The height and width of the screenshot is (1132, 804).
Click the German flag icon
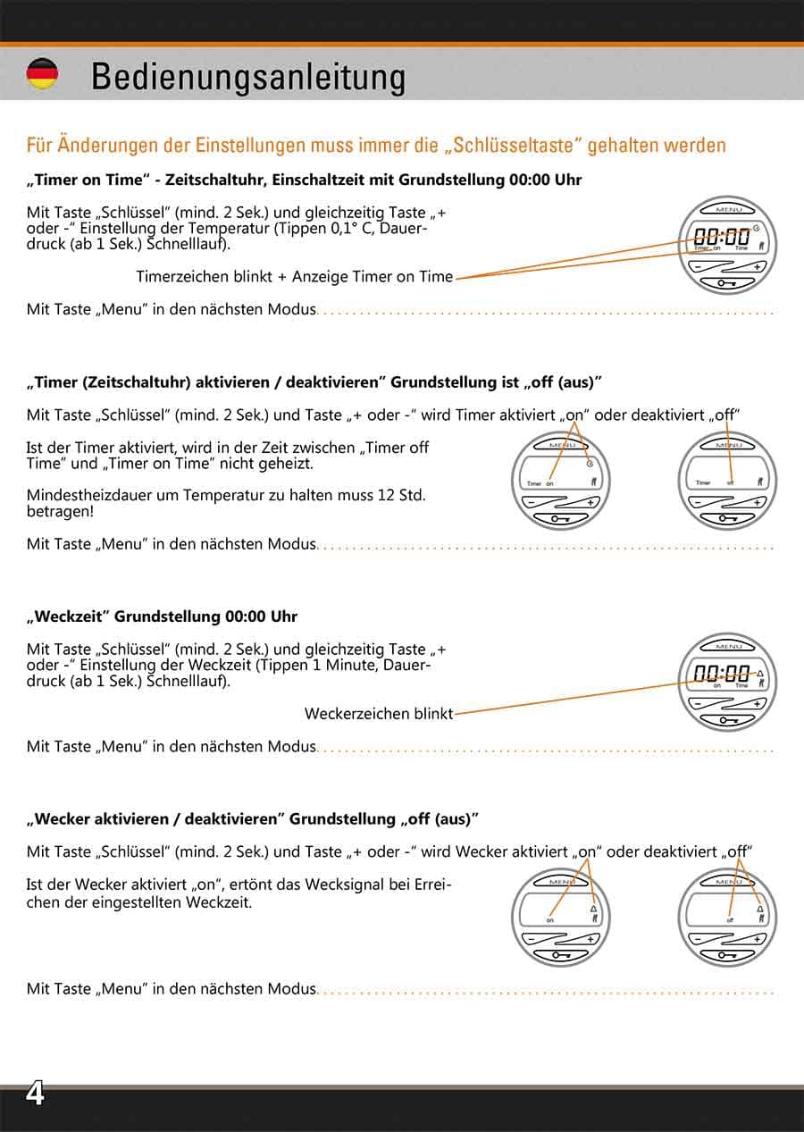coord(42,74)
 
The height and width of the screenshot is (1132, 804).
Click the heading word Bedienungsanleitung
coord(247,77)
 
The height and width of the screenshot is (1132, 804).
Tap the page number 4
coord(35,1094)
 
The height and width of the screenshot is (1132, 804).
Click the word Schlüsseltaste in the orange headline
coord(514,145)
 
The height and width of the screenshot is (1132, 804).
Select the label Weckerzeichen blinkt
coord(378,714)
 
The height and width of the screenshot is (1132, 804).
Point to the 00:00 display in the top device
coord(722,238)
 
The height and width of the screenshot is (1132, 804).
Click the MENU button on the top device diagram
coord(728,210)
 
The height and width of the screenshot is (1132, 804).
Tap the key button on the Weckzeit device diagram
coord(728,720)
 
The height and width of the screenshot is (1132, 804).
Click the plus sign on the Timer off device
coord(758,503)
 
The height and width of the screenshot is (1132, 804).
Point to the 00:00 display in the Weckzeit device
coord(722,674)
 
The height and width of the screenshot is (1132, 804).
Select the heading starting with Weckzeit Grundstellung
coord(163,616)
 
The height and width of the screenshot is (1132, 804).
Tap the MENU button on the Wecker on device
coord(561,882)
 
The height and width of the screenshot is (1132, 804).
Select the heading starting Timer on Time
coord(304,180)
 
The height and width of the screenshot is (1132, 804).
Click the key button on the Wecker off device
coord(728,955)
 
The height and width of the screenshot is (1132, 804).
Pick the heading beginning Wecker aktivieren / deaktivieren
coord(253,818)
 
